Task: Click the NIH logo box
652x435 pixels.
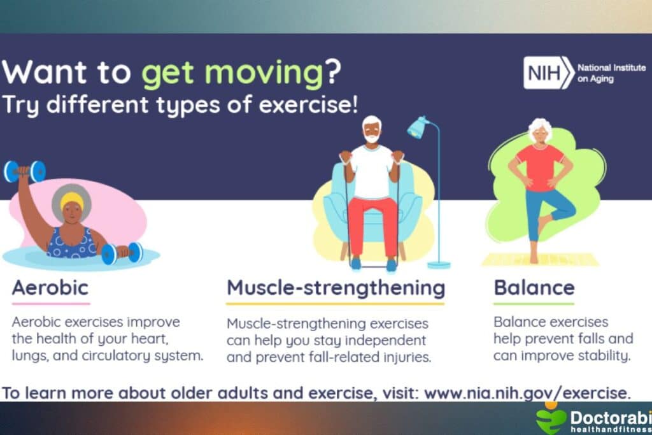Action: pos(548,73)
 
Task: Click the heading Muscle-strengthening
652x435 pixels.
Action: pos(336,287)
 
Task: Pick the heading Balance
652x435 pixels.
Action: pos(534,287)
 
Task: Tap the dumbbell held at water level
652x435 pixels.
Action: pos(122,253)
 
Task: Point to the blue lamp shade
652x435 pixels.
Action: pos(418,127)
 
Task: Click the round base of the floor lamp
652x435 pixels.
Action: pos(438,264)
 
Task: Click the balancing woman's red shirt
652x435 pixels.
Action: pos(540,167)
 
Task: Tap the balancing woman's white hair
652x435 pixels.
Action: pos(540,125)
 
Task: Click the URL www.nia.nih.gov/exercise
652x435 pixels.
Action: pos(527,392)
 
